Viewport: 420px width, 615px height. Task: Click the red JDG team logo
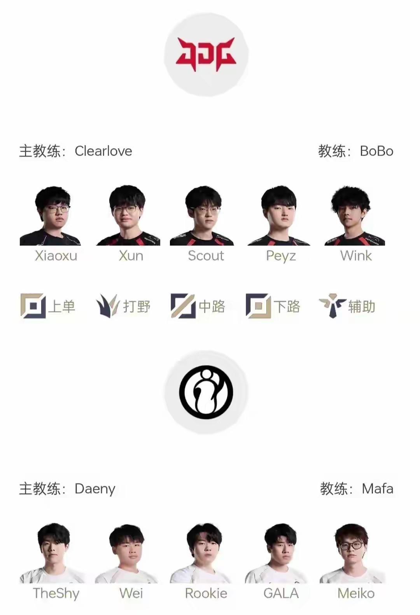coord(206,54)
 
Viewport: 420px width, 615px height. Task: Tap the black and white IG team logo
coord(206,392)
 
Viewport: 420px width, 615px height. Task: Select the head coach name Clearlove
coord(103,151)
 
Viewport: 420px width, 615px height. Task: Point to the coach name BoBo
coord(376,151)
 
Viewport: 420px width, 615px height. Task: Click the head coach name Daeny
coord(95,489)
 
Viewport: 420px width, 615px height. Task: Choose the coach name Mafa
coord(377,489)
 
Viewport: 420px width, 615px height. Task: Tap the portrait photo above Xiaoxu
coord(51,216)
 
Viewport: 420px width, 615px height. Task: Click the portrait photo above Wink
coord(354,216)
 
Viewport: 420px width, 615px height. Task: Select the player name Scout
coord(206,256)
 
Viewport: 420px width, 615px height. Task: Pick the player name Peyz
coord(281,256)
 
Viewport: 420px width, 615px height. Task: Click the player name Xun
coord(131,256)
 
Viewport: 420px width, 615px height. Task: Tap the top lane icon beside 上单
coord(33,306)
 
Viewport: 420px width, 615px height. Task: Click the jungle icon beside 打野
coord(107,306)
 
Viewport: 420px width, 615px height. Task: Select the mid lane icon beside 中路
coord(183,306)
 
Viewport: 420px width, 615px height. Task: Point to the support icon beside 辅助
coord(332,306)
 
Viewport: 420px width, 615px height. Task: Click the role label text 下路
coord(287,307)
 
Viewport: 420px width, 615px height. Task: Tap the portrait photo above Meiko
coord(352,553)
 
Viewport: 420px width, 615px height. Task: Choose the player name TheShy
coord(56,593)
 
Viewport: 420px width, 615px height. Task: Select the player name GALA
coord(281,593)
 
